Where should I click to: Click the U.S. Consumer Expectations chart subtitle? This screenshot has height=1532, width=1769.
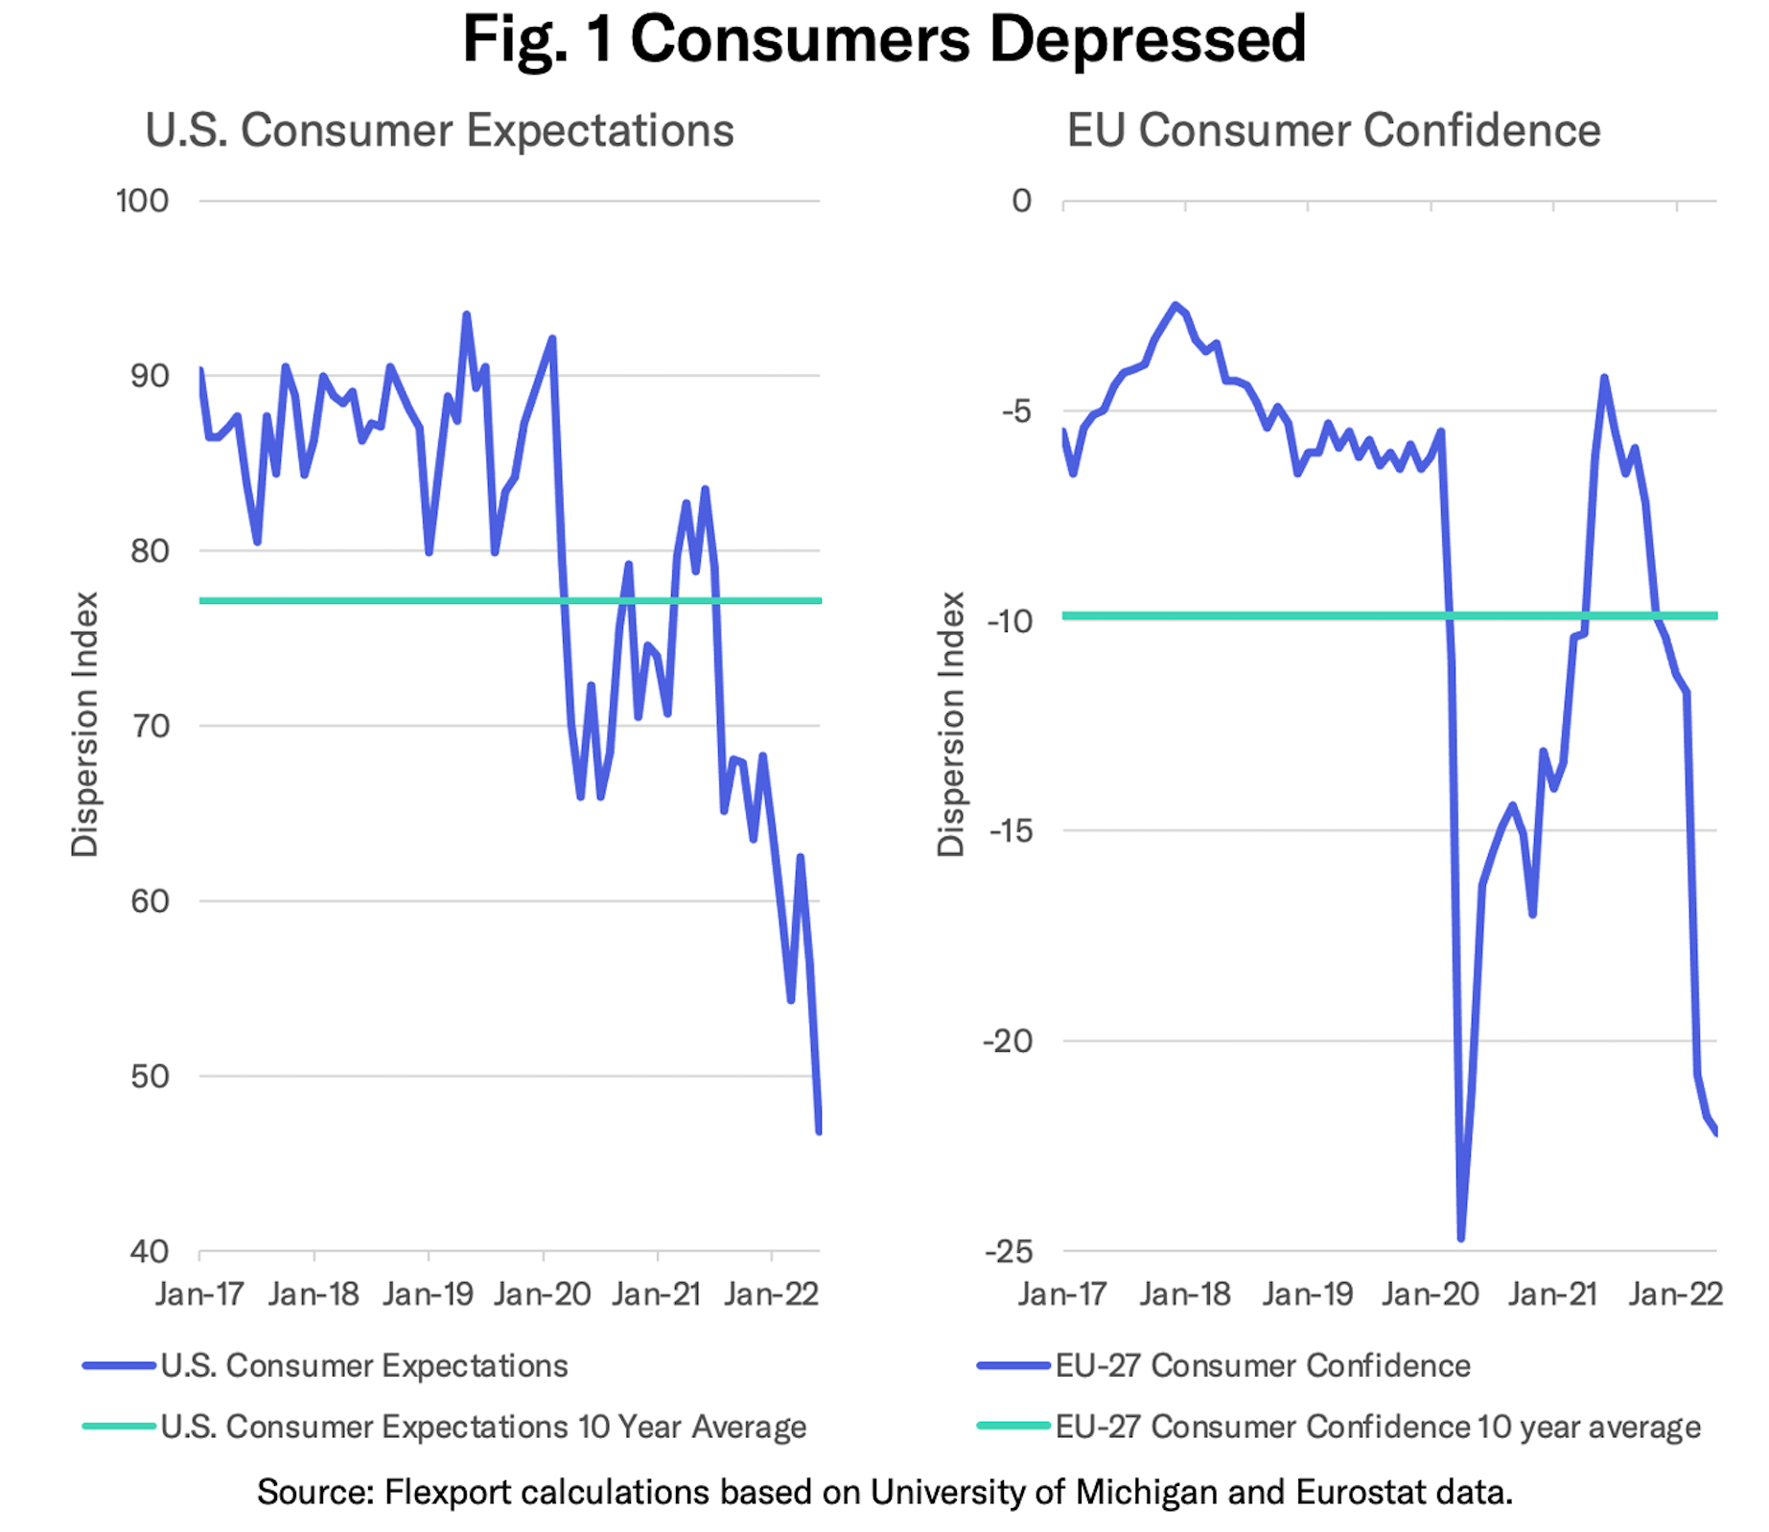[439, 130]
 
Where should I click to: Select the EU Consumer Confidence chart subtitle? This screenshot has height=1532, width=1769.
[1334, 130]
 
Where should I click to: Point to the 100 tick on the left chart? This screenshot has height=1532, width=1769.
[142, 201]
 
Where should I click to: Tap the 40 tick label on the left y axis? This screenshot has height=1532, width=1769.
[149, 1251]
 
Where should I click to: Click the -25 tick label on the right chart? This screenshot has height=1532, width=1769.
[1008, 1251]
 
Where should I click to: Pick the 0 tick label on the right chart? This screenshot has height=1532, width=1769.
[1022, 201]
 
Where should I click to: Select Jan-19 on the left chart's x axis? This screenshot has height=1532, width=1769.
[428, 1294]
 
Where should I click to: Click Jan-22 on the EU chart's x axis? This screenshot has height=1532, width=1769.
[1676, 1294]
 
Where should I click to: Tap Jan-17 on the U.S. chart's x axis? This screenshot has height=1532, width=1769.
[199, 1294]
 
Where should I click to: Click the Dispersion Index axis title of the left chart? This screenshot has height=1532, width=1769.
[85, 724]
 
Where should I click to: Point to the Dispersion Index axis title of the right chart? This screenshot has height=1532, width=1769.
[950, 724]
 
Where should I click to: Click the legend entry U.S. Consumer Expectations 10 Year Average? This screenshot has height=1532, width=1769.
[483, 1427]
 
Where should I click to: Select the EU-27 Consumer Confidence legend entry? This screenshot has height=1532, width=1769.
[1263, 1365]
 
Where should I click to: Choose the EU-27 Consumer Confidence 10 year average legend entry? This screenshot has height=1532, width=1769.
[1378, 1427]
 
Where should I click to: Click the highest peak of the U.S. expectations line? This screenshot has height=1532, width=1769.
[467, 314]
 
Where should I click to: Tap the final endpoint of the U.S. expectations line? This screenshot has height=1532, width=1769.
[819, 1132]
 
